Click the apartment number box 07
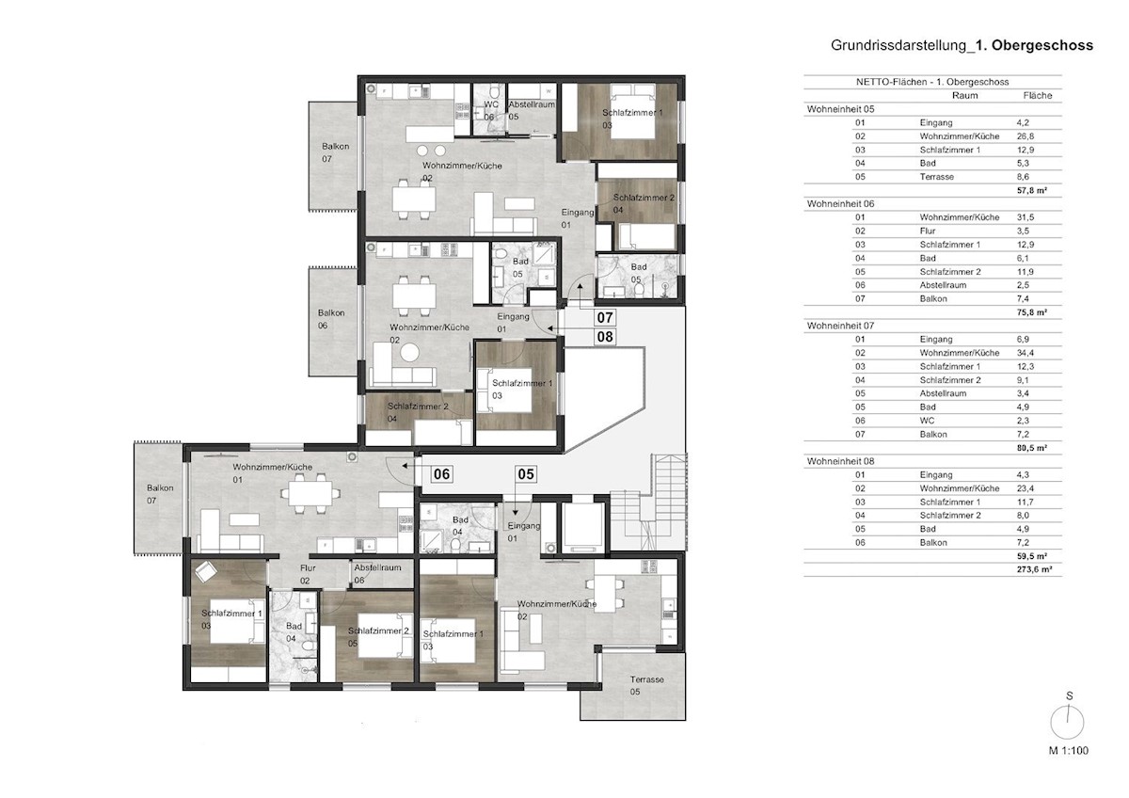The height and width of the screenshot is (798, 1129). [605, 317]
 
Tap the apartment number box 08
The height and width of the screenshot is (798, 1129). [605, 336]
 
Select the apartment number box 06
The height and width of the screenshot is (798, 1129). [441, 474]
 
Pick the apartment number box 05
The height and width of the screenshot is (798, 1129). [526, 474]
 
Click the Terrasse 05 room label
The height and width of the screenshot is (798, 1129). [646, 686]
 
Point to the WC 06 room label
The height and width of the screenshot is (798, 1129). [490, 111]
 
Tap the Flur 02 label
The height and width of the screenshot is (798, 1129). [308, 574]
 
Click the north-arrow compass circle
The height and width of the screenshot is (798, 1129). [1067, 723]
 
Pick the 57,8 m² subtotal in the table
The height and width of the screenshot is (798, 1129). [1032, 190]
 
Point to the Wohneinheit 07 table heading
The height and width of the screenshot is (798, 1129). [840, 326]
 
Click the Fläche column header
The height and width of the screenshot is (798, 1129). [1037, 95]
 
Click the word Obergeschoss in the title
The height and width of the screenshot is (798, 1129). [1042, 45]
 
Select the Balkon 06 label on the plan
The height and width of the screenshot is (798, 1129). [331, 319]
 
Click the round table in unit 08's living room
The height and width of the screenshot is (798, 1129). [409, 352]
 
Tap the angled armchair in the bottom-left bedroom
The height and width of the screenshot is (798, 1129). [206, 571]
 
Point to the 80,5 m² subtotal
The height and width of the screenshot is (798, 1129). [1032, 448]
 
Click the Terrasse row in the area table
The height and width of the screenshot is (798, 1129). [936, 177]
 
